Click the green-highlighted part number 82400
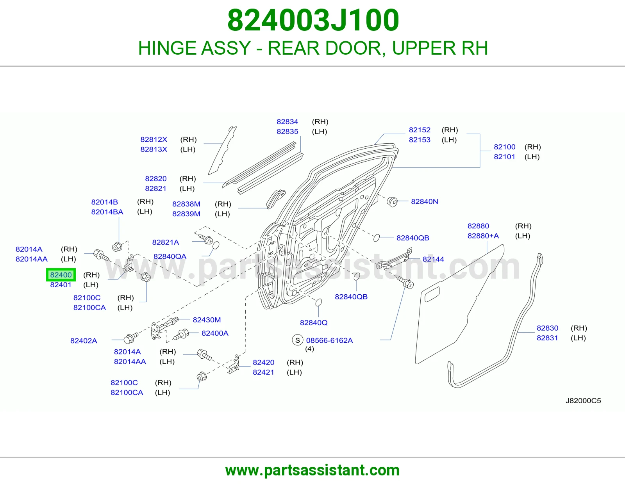click(x=61, y=275)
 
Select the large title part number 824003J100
click(x=313, y=20)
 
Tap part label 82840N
click(x=424, y=201)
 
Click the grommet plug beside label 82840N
click(x=392, y=202)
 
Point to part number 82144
click(x=433, y=259)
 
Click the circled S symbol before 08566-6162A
click(x=297, y=340)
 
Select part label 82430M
click(x=207, y=320)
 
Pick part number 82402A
click(x=84, y=341)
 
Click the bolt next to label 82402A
click(x=130, y=338)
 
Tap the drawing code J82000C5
click(x=583, y=400)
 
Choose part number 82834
click(x=287, y=121)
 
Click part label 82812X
click(x=154, y=139)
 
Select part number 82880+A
click(x=483, y=236)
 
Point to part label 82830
click(x=547, y=328)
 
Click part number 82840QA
click(x=170, y=256)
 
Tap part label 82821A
click(x=165, y=242)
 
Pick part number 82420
click(x=263, y=362)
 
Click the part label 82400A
click(x=215, y=333)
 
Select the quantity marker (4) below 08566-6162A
click(x=309, y=349)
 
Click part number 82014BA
click(x=107, y=212)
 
